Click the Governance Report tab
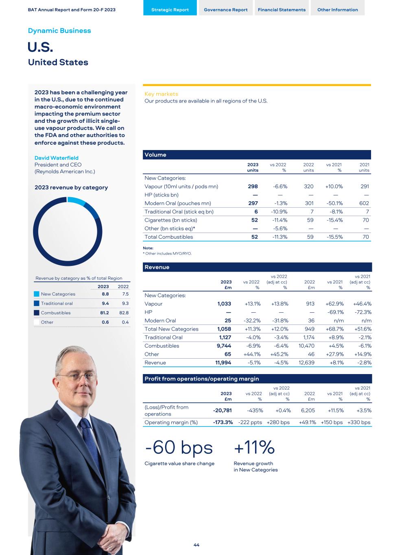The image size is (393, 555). click(225, 10)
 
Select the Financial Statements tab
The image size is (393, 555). click(282, 10)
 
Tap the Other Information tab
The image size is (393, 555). click(337, 10)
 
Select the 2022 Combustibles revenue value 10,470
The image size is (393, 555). click(306, 346)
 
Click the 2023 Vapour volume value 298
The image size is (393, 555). click(253, 187)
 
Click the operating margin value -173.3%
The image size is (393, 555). click(223, 422)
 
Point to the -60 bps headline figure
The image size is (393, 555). click(179, 448)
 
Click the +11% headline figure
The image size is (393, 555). click(254, 448)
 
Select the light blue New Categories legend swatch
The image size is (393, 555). click(37, 294)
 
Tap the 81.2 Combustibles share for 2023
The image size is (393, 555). click(105, 313)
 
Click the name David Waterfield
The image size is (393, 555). click(56, 158)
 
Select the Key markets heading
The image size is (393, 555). click(161, 94)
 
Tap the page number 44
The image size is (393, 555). click(196, 545)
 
